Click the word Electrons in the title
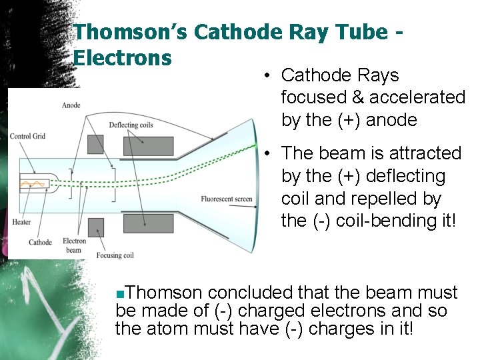click(123, 57)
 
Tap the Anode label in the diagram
click(71, 105)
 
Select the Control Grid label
click(27, 137)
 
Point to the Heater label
click(22, 222)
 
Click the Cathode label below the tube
click(40, 242)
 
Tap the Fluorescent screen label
click(227, 199)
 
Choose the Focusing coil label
click(115, 255)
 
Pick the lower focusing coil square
click(95, 226)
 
